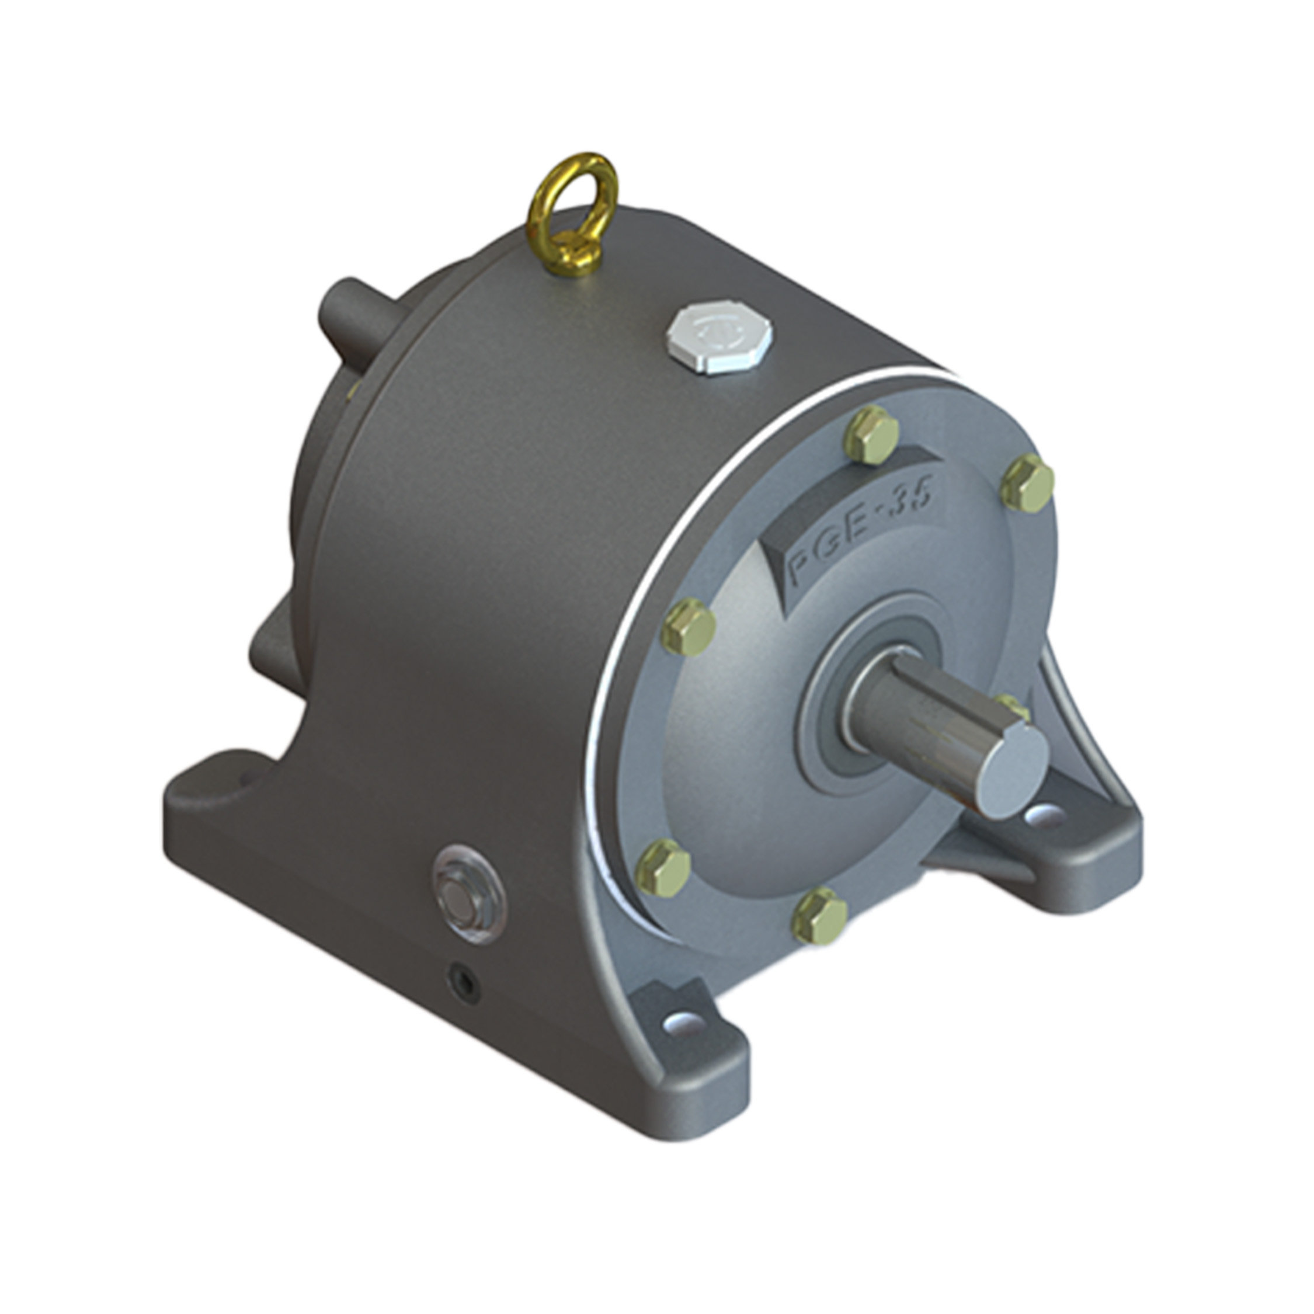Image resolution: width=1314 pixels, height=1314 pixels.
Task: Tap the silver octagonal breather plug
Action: tap(721, 339)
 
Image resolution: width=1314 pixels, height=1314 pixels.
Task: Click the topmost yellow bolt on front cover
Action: tap(871, 435)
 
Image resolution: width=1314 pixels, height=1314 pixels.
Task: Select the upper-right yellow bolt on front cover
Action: tap(1028, 483)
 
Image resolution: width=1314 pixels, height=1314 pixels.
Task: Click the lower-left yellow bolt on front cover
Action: tap(663, 867)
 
